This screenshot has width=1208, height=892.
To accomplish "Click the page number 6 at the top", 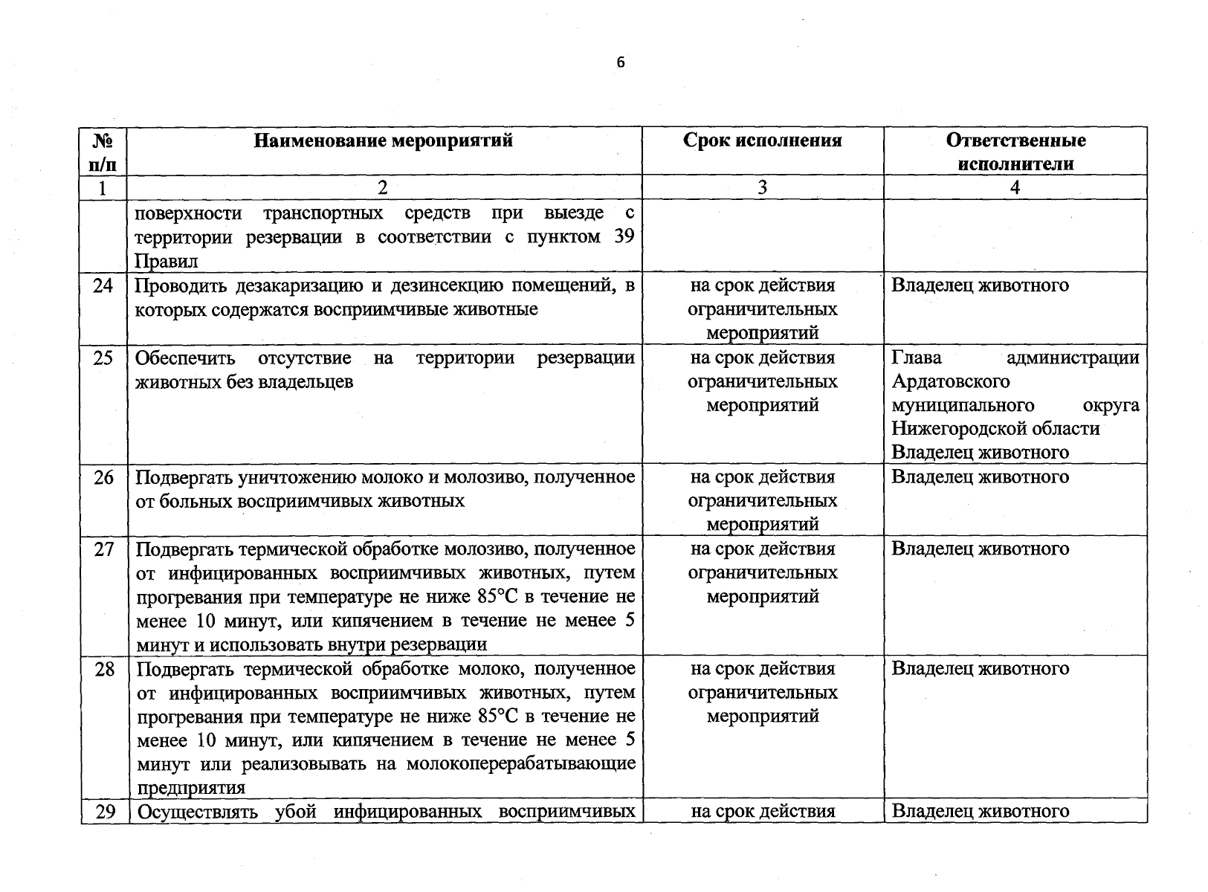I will click(x=621, y=63).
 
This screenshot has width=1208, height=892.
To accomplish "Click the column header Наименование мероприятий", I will click(x=383, y=140).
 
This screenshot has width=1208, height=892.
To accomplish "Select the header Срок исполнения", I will click(x=762, y=140).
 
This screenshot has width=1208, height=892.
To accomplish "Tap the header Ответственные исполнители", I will click(x=1015, y=152).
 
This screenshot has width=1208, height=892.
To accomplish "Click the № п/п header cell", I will click(x=103, y=152).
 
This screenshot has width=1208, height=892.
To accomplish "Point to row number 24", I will click(x=103, y=285).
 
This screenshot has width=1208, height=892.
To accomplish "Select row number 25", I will click(x=103, y=358).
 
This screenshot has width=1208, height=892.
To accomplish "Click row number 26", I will click(x=103, y=477).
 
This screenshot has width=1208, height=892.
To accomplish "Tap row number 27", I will click(x=103, y=549).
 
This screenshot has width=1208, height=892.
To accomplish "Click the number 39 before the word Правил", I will click(x=625, y=237).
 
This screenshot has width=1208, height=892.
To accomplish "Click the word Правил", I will click(x=167, y=262).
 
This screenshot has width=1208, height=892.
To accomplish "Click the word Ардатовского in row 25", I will click(x=950, y=382).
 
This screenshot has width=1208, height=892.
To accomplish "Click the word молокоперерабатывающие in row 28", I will click(x=520, y=764).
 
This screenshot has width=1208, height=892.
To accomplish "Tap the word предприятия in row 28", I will click(x=191, y=788).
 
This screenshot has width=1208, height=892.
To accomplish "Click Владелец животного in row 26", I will click(x=980, y=477).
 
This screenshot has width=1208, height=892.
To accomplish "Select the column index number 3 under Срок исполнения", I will click(x=762, y=188).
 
